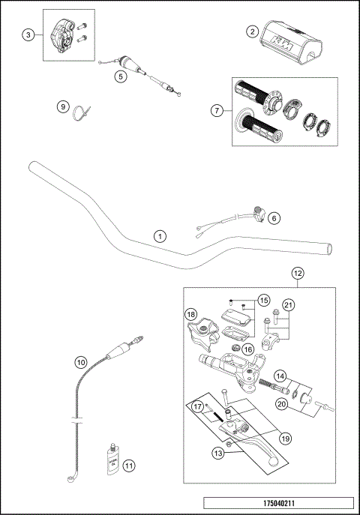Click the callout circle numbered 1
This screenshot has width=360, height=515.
coord(159,235)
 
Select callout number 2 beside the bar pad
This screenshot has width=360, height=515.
coord(253,31)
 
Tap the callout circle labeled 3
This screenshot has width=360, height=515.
coord(28,35)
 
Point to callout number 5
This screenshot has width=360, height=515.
coord(120,75)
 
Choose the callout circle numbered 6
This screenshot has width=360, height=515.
coord(274,218)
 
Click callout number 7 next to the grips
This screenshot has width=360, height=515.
coord(217,110)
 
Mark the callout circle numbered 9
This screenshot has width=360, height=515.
coord(63,106)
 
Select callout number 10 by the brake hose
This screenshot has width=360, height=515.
coord(80,362)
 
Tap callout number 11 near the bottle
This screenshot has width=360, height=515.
coord(128,466)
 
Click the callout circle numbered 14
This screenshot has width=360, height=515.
coord(280,376)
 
